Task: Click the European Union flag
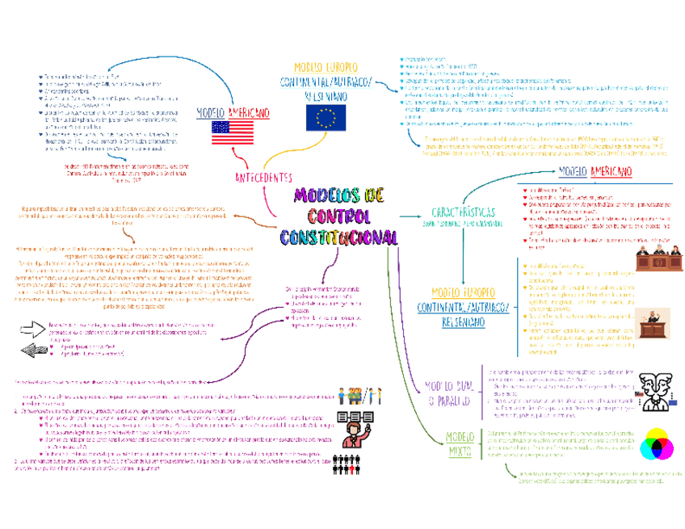(326, 118)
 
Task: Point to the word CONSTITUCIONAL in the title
(338, 237)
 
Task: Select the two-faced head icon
(655, 389)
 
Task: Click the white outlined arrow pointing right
(32, 328)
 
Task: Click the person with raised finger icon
(352, 427)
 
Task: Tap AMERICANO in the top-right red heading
(611, 170)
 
